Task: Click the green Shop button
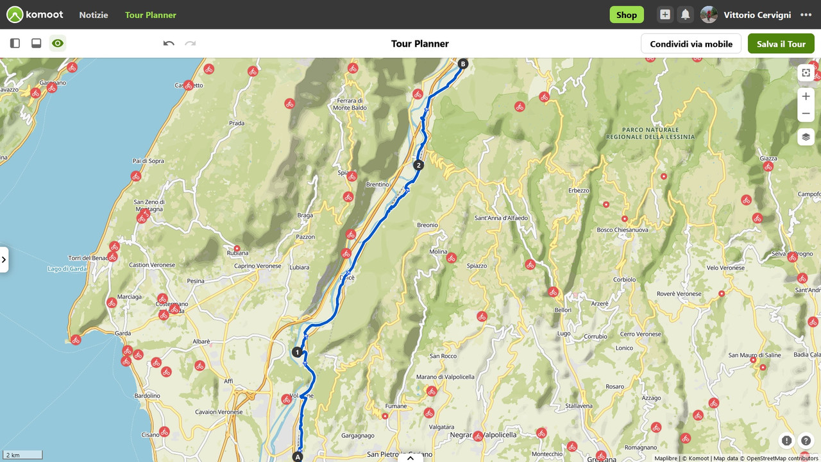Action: coord(626,15)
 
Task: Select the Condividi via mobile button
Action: coord(691,44)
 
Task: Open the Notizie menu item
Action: coord(94,15)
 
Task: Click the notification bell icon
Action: coord(685,15)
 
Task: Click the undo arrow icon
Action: coord(169,44)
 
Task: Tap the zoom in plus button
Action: coord(806,96)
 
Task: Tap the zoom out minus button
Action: coord(806,114)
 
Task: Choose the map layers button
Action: coord(806,137)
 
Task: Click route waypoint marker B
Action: coord(463,64)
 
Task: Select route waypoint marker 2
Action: coord(419,165)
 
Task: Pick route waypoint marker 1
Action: coord(297,352)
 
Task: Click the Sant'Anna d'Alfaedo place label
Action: coord(501,218)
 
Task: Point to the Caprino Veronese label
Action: coord(257,266)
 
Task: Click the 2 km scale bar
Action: coord(22,455)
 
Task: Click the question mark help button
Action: coord(806,441)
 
